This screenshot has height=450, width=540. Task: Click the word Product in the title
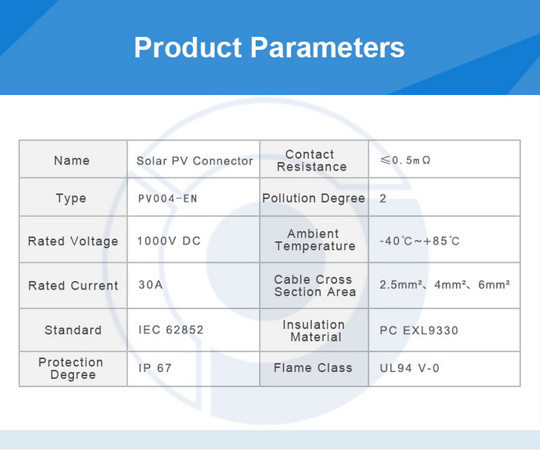pyautogui.click(x=188, y=47)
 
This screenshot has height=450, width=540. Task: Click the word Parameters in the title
pyautogui.click(x=327, y=47)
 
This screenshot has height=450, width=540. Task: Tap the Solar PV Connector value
pyautogui.click(x=194, y=161)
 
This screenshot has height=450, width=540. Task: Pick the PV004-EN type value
pyautogui.click(x=167, y=199)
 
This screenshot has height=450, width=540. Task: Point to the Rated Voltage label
pyautogui.click(x=73, y=241)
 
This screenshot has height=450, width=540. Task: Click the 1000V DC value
pyautogui.click(x=169, y=241)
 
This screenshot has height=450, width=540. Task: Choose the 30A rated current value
pyautogui.click(x=150, y=285)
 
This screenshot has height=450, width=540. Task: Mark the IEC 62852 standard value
pyautogui.click(x=170, y=330)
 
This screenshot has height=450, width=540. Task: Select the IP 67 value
pyautogui.click(x=155, y=368)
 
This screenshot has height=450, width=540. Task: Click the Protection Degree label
pyautogui.click(x=71, y=368)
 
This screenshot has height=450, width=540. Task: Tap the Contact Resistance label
pyautogui.click(x=312, y=161)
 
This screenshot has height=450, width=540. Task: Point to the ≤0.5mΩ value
pyautogui.click(x=405, y=161)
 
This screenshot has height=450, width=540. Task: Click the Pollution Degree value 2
pyautogui.click(x=383, y=198)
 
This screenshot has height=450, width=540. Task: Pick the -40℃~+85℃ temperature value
pyautogui.click(x=420, y=241)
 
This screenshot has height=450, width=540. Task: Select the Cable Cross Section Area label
pyautogui.click(x=315, y=286)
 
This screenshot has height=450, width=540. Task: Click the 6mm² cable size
pyautogui.click(x=494, y=285)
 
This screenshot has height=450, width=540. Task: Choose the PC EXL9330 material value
pyautogui.click(x=419, y=330)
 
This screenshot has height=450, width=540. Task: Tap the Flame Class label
pyautogui.click(x=313, y=367)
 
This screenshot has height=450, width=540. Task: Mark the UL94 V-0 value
pyautogui.click(x=410, y=368)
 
